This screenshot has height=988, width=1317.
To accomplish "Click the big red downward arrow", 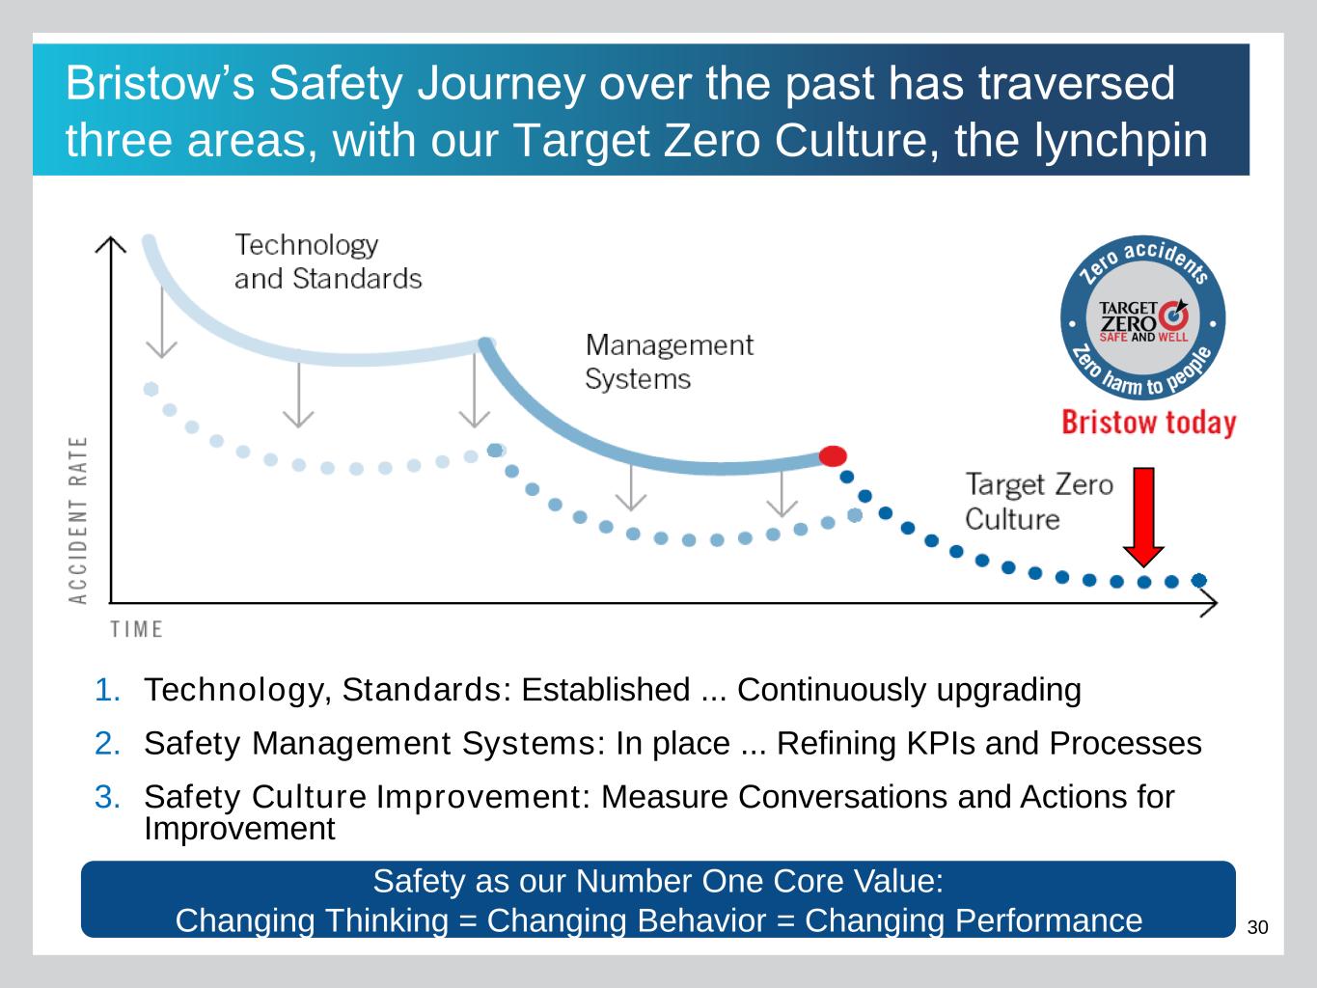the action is [x=1143, y=517].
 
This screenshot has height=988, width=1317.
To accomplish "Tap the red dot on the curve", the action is [x=833, y=456].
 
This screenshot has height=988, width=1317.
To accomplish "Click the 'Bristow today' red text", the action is [x=1149, y=423].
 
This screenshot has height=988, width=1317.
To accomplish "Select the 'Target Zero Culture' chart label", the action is [x=1039, y=502].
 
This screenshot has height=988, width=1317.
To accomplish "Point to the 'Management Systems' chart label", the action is [x=669, y=362].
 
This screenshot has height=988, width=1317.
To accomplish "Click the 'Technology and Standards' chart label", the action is [x=328, y=261].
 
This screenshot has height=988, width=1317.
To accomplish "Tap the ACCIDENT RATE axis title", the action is [x=78, y=520].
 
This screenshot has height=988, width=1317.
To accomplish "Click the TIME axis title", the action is [x=137, y=629].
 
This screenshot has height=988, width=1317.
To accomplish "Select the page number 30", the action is [x=1257, y=927].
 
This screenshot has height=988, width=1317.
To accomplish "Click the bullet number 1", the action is [x=107, y=690].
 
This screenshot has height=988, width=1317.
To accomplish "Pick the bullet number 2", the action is [x=107, y=743].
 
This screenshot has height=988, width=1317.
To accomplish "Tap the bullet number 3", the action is [x=107, y=797].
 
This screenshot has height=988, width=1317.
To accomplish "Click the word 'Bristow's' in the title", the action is [x=160, y=83].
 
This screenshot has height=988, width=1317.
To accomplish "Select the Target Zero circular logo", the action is [x=1143, y=318].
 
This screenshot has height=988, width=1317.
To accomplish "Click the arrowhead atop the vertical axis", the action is [x=110, y=243].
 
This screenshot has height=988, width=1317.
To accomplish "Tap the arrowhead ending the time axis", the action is [x=1210, y=603].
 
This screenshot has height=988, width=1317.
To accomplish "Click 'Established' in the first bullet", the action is [x=606, y=690].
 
